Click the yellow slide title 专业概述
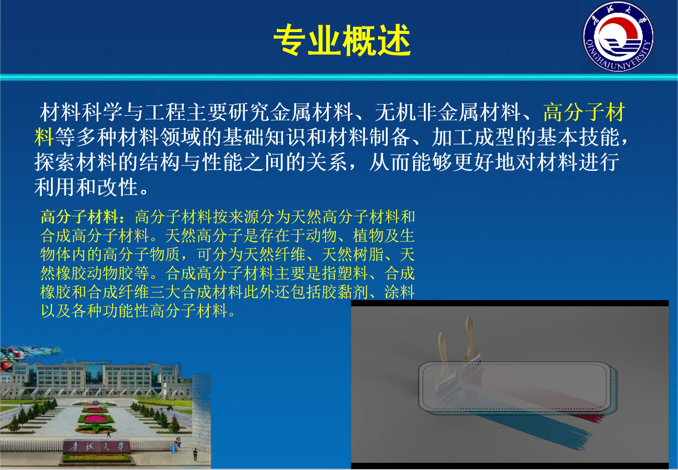click(x=342, y=41)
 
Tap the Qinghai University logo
click(x=618, y=37)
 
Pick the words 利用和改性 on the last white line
click(x=86, y=188)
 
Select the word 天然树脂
click(x=353, y=255)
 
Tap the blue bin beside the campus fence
click(x=173, y=449)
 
